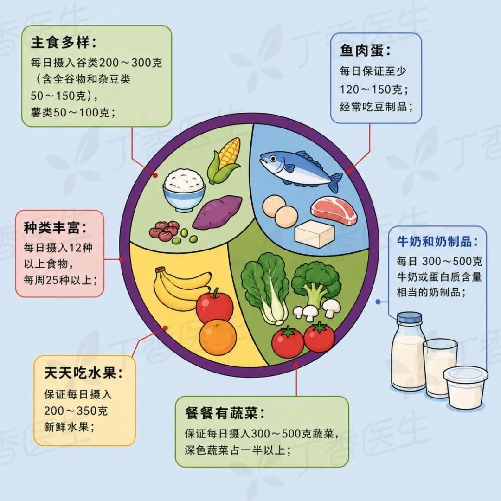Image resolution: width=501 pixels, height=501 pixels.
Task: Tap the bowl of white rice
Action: pos(184,190)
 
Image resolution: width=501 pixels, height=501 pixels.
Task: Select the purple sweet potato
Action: pos(217,212)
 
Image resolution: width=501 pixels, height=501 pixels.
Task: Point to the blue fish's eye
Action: pos(273,158)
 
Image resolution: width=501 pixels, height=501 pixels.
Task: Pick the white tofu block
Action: pos(315,234)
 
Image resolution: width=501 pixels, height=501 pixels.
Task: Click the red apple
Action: pos(214,305)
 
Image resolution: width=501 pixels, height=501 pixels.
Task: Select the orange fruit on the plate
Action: pos(218,337)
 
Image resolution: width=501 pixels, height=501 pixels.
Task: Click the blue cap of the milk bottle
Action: pos(409,318)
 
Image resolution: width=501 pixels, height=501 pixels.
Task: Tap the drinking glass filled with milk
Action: pos(440,368)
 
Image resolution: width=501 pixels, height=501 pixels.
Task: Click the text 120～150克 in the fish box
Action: pos(371,90)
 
